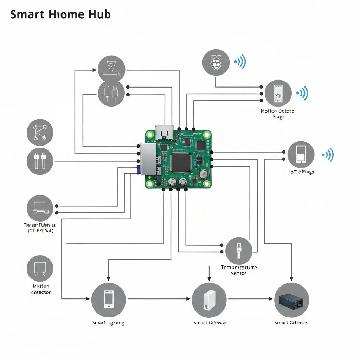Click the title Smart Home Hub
pyautogui.click(x=60, y=14)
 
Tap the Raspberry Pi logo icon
pyautogui.click(x=216, y=62)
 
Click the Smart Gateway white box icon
pyautogui.click(x=209, y=300)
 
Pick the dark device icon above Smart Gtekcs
pyautogui.click(x=291, y=300)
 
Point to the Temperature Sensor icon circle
pyautogui.click(x=239, y=250)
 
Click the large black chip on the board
pyautogui.click(x=181, y=162)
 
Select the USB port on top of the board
pyautogui.click(x=164, y=133)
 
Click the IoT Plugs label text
pyautogui.click(x=301, y=172)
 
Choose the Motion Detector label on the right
pyautogui.click(x=278, y=113)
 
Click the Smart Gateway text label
pyautogui.click(x=210, y=323)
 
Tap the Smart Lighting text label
pyautogui.click(x=108, y=323)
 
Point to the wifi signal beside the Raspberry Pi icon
pyautogui.click(x=240, y=62)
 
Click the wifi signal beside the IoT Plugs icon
pyautogui.click(x=328, y=155)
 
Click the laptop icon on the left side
pyautogui.click(x=40, y=207)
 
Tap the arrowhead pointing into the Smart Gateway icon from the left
pyautogui.click(x=188, y=299)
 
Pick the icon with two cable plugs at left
pyautogui.click(x=40, y=161)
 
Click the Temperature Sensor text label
pyautogui.click(x=239, y=270)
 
